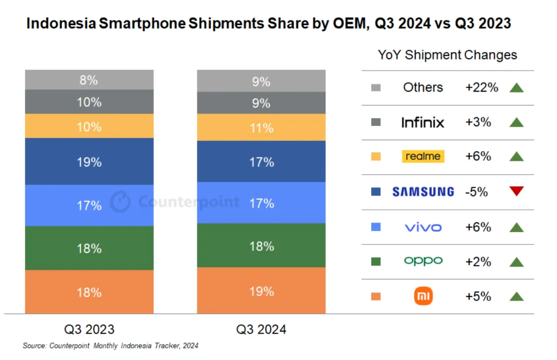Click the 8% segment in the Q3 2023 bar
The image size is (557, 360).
point(89,80)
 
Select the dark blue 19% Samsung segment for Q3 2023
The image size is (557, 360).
point(89,161)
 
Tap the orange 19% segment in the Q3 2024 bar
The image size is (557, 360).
point(261,291)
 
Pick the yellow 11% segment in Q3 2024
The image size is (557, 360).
point(261,127)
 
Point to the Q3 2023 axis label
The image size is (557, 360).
point(89,329)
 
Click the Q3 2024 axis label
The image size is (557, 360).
point(261,329)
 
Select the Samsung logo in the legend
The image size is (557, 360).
point(423,192)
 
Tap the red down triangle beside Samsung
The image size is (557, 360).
point(516,192)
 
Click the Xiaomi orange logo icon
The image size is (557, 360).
point(423,297)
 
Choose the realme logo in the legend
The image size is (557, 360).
point(423,156)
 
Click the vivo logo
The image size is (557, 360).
point(423,227)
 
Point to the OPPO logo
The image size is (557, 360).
point(423,261)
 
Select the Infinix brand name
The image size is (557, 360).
point(423,122)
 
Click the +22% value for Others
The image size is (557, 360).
point(482,88)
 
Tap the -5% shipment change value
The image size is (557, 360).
point(477,192)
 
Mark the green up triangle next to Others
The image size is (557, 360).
point(516,88)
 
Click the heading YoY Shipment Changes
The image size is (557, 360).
point(447,55)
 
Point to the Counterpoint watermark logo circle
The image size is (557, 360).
point(121,202)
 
